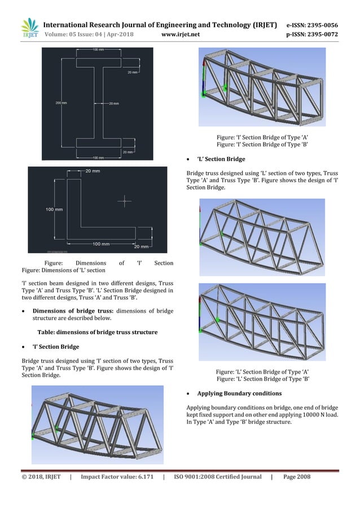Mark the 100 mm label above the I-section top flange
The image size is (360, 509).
(x=98, y=50)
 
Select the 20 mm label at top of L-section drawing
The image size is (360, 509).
(x=93, y=170)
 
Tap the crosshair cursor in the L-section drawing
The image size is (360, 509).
(x=125, y=200)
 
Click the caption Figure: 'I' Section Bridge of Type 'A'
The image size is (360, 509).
(x=262, y=137)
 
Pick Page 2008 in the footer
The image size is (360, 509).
(x=297, y=477)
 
